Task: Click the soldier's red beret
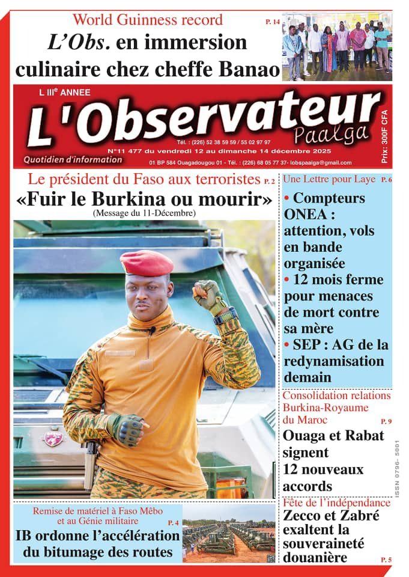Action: (x=147, y=263)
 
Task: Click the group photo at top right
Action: (x=336, y=46)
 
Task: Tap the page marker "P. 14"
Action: (x=272, y=22)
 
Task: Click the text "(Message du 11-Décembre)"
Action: (x=144, y=212)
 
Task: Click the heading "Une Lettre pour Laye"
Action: (x=329, y=179)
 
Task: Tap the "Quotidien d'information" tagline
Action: (x=73, y=160)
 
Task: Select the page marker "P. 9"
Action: (x=386, y=421)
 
